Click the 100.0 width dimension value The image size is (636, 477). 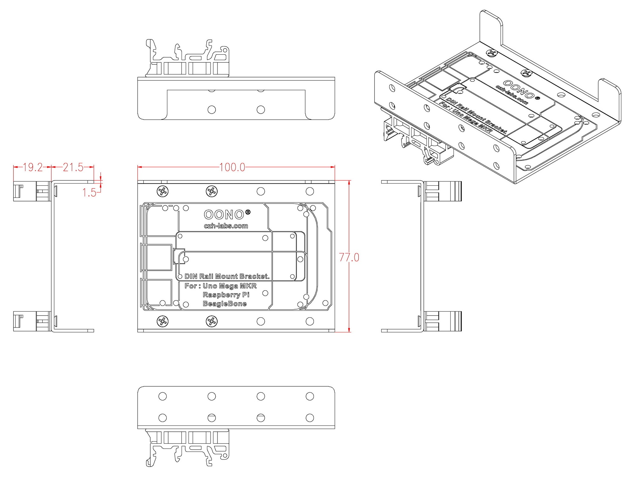[232, 167]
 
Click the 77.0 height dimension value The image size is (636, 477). [349, 257]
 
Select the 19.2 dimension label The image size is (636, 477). [32, 167]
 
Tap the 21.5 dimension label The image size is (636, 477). [73, 167]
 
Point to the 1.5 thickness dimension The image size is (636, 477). [89, 192]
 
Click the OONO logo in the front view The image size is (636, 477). [224, 215]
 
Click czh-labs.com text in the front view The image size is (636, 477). [226, 226]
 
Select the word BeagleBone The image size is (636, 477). [225, 304]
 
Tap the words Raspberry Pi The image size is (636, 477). [226, 295]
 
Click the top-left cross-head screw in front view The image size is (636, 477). [163, 191]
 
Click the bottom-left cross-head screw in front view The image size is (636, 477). [163, 321]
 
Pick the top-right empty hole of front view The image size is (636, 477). [310, 191]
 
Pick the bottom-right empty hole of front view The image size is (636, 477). [310, 321]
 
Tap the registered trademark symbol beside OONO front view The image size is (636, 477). [248, 212]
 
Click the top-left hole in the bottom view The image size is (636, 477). [162, 396]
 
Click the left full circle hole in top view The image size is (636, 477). [211, 110]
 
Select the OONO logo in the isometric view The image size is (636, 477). [518, 89]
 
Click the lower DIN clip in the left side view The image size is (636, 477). [32, 321]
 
